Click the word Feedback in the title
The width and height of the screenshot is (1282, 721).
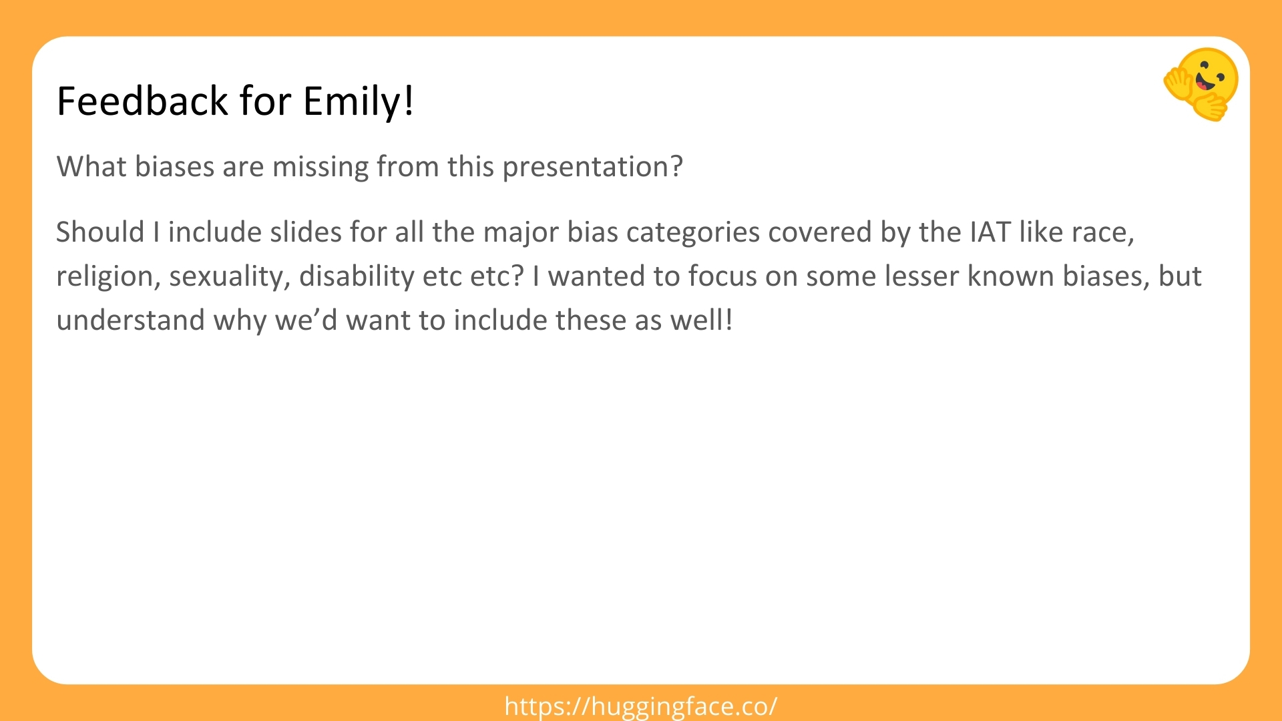[x=143, y=101]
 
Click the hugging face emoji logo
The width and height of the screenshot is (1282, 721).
[x=1201, y=84]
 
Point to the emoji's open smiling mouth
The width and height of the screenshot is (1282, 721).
[x=1206, y=83]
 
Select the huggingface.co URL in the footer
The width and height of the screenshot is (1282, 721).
[x=641, y=706]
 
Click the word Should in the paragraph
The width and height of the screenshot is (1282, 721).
[x=100, y=232]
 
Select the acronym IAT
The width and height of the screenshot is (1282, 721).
[x=990, y=232]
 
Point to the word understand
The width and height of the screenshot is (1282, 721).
[x=130, y=320]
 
